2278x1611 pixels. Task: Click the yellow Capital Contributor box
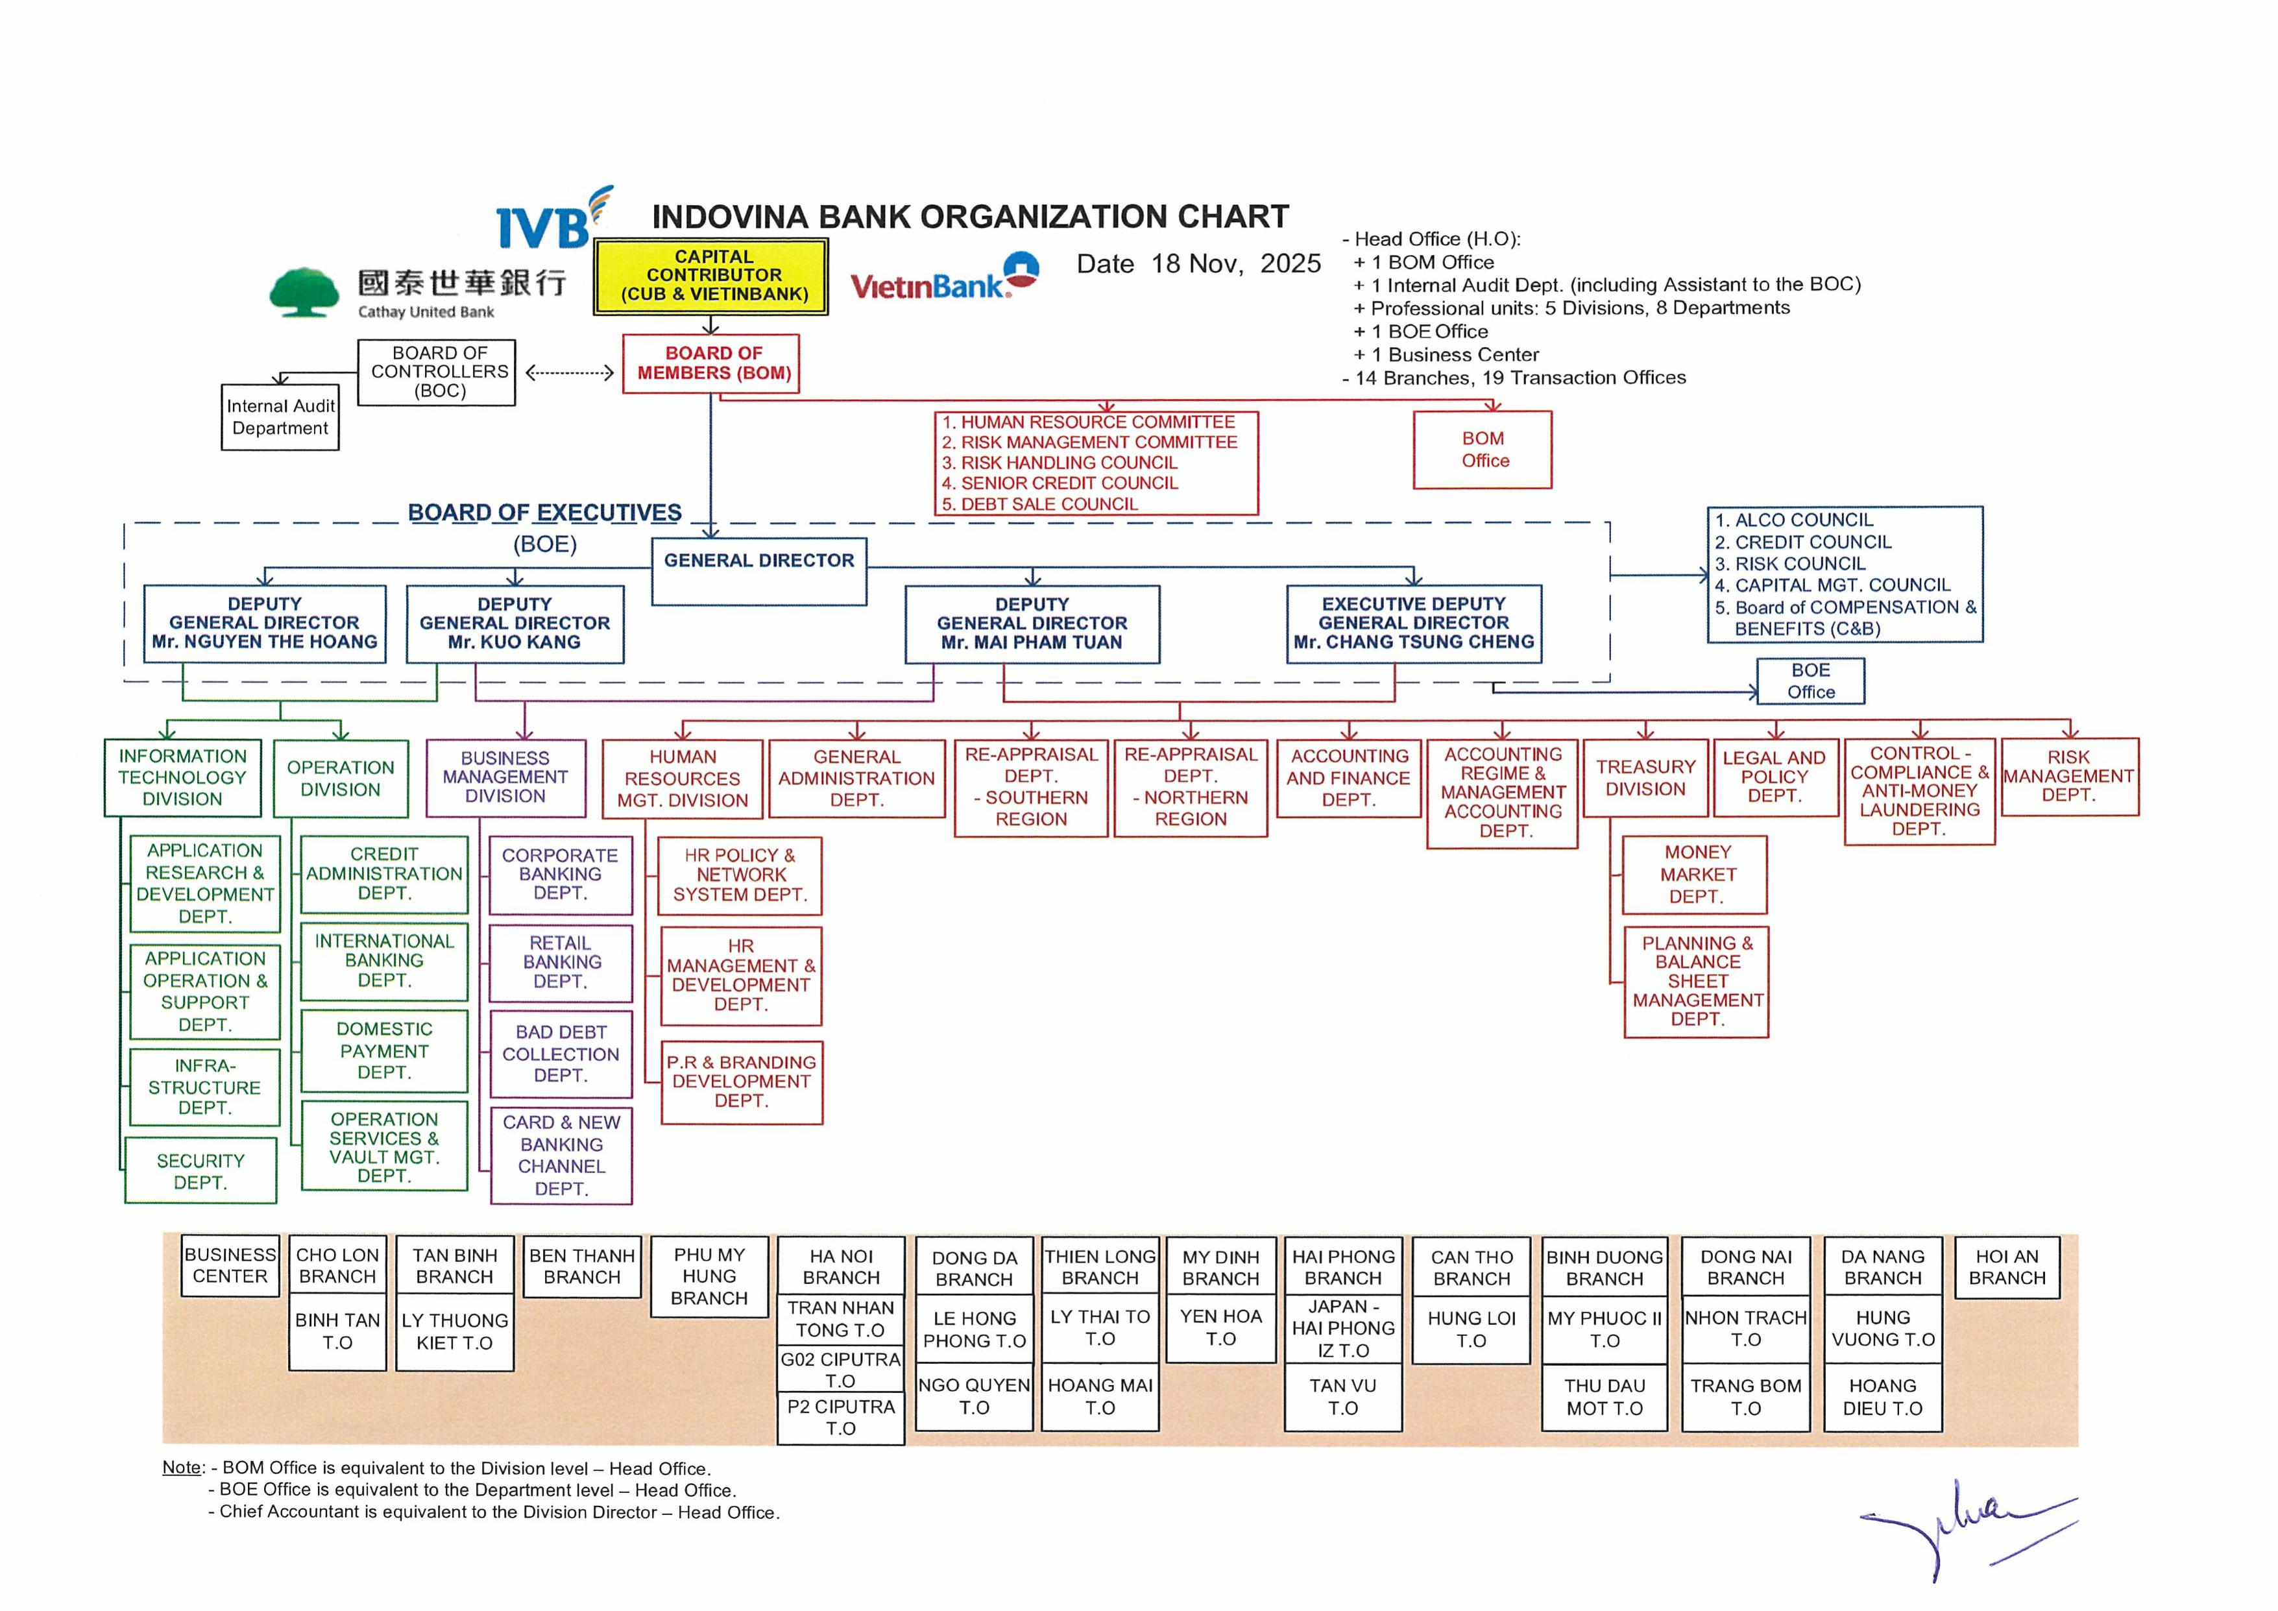710,276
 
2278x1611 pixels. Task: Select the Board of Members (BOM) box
711,363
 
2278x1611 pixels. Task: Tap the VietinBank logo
943,277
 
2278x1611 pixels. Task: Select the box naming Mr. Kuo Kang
515,624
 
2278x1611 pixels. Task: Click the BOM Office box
1483,450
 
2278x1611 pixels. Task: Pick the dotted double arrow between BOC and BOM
570,373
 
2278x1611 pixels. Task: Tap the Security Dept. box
200,1172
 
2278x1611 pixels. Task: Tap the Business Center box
230,1266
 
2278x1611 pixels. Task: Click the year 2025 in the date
1290,264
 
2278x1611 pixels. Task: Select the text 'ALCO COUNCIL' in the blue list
1804,520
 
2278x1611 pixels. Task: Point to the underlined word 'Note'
182,1467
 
